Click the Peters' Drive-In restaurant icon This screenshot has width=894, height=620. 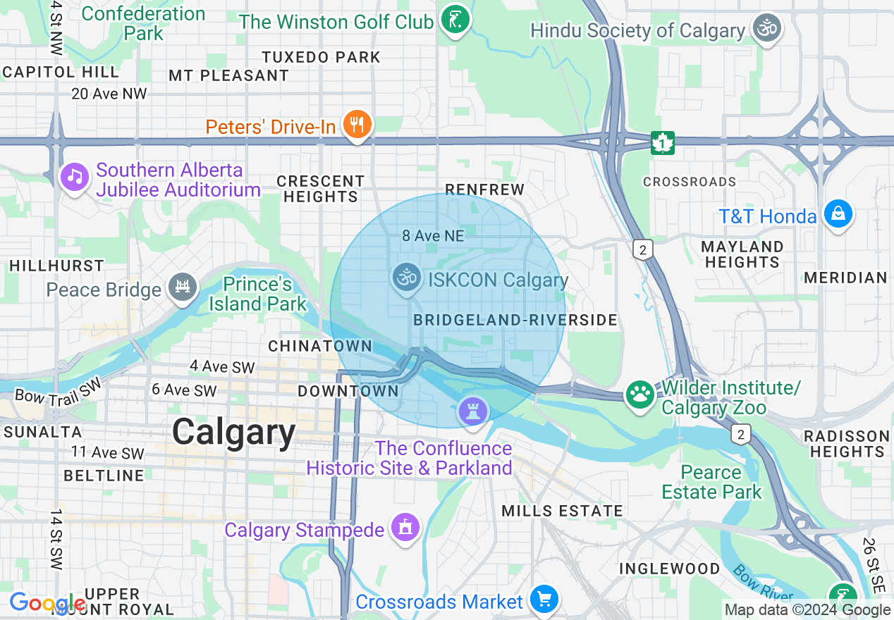(x=357, y=125)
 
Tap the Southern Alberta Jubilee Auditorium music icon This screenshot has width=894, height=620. (x=74, y=176)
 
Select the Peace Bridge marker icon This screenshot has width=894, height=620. (x=183, y=287)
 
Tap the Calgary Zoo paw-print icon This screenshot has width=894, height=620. (x=640, y=395)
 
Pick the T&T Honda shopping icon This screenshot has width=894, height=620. (x=838, y=213)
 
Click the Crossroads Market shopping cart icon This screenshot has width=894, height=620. (x=544, y=600)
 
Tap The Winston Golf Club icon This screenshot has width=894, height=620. (x=455, y=20)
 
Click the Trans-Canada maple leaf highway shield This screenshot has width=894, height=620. (x=662, y=142)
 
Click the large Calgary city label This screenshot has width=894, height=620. (x=234, y=432)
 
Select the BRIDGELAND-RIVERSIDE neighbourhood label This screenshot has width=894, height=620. (x=515, y=321)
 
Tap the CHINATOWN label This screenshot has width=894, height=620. (x=320, y=346)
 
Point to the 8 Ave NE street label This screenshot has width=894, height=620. (x=433, y=237)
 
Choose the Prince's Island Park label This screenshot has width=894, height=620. (x=257, y=294)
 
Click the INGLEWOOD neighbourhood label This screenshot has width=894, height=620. (x=669, y=569)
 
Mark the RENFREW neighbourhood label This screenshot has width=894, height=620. (x=485, y=190)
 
